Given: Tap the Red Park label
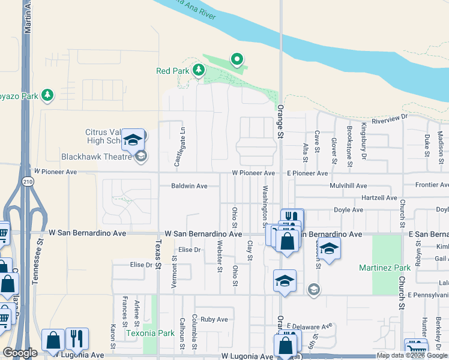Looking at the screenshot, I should tap(172, 71).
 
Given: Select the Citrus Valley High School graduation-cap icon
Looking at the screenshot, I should tap(133, 140).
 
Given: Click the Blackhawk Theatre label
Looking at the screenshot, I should tap(96, 157).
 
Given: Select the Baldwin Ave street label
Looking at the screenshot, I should tap(189, 186).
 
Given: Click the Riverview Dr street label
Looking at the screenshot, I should tap(389, 120).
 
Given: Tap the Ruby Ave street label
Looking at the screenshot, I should tap(214, 320).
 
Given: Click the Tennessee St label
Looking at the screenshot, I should tap(40, 266).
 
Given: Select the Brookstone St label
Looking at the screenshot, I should tap(349, 145).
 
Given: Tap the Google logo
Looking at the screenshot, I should tap(20, 353).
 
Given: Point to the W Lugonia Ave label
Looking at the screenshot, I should tap(247, 356).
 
